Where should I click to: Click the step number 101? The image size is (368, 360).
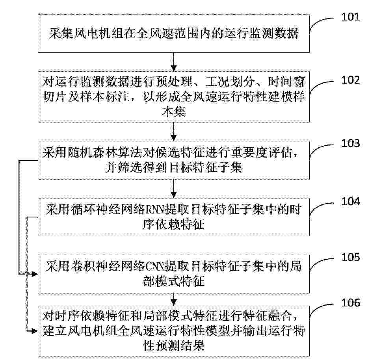point(350,17)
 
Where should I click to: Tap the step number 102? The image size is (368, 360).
point(350,80)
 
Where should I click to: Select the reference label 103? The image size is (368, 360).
point(350,143)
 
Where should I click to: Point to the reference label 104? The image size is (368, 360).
point(350,202)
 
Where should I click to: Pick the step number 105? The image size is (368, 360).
point(350,257)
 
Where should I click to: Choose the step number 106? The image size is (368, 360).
point(350,303)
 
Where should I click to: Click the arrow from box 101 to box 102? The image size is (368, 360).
point(174,62)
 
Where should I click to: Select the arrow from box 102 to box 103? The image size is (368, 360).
point(174,132)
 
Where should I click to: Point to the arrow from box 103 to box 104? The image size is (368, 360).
point(174,188)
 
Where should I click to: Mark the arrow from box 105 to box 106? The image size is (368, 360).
point(174,299)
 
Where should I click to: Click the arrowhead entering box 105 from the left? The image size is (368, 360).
point(35,274)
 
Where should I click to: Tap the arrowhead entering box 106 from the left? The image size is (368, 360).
point(35,331)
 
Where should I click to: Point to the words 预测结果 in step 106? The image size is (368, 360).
point(180,345)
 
